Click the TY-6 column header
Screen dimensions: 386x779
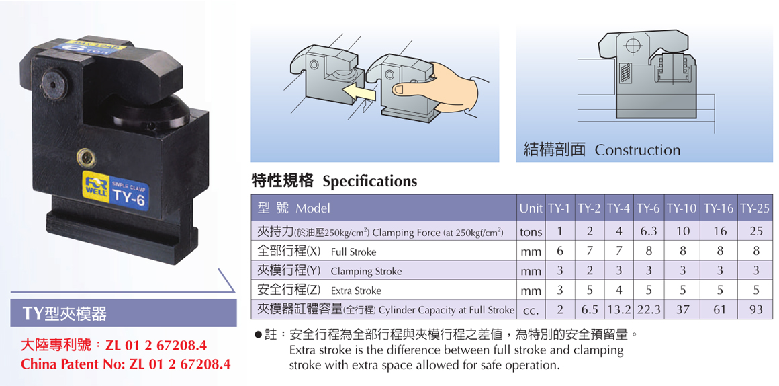point(648,208)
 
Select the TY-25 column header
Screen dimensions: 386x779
point(754,208)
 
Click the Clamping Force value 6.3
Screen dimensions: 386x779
point(648,231)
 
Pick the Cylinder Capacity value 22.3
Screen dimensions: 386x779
point(648,310)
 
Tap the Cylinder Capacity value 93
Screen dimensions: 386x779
point(755,310)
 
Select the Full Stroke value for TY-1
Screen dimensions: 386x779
point(559,252)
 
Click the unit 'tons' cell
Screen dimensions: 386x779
point(531,232)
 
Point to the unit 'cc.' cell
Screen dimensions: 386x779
point(531,311)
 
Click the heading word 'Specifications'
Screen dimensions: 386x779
point(369,181)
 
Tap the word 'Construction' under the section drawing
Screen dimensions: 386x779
point(637,150)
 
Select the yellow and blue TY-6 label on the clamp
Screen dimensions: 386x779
point(116,190)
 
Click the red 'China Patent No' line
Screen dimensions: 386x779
point(126,364)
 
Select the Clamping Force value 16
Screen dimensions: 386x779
point(720,231)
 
